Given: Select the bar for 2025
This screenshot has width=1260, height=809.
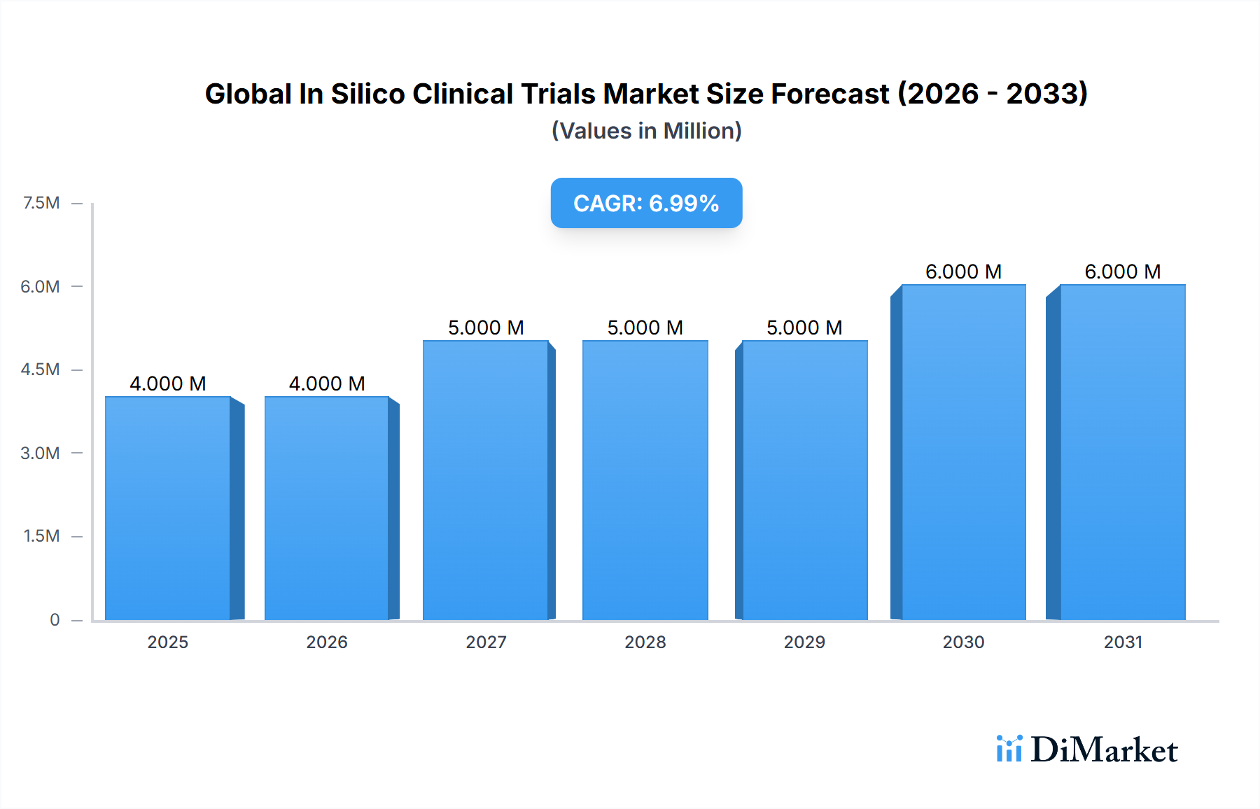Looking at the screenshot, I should pos(168,508).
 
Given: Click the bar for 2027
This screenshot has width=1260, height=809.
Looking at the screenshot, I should pos(486,480).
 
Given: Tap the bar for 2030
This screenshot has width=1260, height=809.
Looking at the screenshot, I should pos(963,452).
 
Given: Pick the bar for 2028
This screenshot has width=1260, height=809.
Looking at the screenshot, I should pos(645,480).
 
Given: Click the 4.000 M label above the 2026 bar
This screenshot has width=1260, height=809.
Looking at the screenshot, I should pos(327,384).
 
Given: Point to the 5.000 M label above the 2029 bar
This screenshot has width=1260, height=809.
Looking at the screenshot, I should pos(804,328).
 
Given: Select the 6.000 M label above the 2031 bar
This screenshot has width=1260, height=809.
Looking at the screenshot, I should pos(1122,272).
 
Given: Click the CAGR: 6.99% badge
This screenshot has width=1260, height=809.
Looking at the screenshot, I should pos(646,203).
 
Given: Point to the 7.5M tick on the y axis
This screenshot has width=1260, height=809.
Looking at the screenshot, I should pos(41,203).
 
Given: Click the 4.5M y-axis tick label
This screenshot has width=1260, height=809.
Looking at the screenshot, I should pos(40,370).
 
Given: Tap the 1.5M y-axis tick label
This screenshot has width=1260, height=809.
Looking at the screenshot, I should pos(41,536).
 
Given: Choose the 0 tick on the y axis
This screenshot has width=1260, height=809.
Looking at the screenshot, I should pos(55,619).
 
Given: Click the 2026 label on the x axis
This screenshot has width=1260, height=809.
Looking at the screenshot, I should pos(327,642).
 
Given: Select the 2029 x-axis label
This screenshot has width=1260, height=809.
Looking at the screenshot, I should pos(804,642).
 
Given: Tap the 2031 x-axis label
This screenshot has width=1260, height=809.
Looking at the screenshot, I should pos(1123,642).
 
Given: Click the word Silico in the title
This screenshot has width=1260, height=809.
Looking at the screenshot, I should pos(367,94).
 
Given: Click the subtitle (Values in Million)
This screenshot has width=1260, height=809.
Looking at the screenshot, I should pos(646,131).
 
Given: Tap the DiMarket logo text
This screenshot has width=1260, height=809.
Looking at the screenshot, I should pos(1104,750).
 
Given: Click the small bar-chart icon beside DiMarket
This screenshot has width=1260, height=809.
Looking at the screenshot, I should pos(1009,749).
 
